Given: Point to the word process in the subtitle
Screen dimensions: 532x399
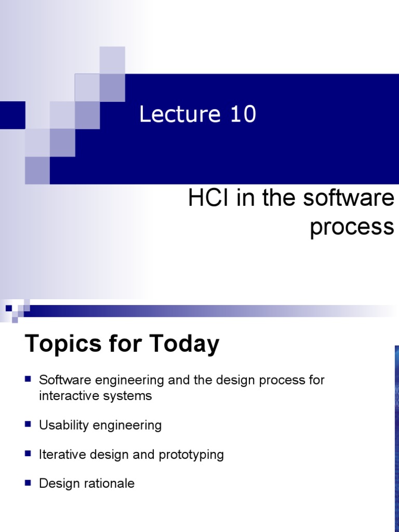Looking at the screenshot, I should (x=352, y=228).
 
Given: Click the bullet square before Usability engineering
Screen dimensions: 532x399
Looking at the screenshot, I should (x=29, y=424).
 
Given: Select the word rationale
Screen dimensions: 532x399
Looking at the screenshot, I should (x=109, y=484).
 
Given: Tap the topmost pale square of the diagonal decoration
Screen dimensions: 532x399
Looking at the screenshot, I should (x=112, y=59).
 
